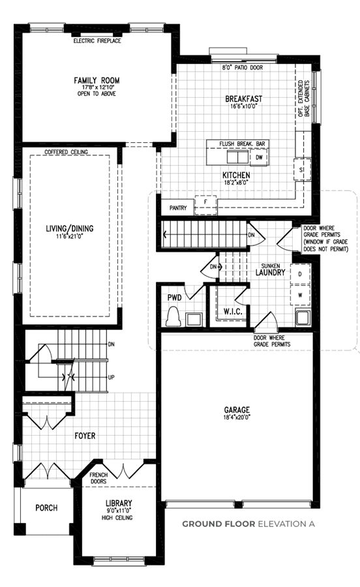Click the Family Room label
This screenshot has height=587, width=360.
coord(97,80)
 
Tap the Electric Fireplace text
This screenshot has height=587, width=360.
coord(97,41)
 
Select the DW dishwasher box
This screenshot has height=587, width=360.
coord(259,158)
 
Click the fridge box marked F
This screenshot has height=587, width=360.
coord(205,205)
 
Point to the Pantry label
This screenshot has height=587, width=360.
coord(178,208)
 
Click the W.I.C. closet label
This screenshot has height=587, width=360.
coord(233,311)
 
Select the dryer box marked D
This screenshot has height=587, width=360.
coord(300,274)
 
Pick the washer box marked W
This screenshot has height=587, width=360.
coord(300,295)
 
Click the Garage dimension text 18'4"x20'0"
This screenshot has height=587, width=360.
coord(237,417)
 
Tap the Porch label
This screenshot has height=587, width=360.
coord(46,508)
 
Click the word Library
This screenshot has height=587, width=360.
coord(119,504)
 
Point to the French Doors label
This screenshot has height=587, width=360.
coord(98,478)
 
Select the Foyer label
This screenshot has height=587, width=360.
coord(85,436)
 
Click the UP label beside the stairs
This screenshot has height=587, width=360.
coord(111,378)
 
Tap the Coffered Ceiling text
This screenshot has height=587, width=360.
coord(67,152)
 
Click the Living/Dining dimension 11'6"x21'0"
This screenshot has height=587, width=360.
coord(70,236)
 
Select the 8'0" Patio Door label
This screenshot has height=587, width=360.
coord(243,68)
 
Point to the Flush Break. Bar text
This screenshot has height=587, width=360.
coord(242,143)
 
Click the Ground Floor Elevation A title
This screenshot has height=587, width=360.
coord(248,524)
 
